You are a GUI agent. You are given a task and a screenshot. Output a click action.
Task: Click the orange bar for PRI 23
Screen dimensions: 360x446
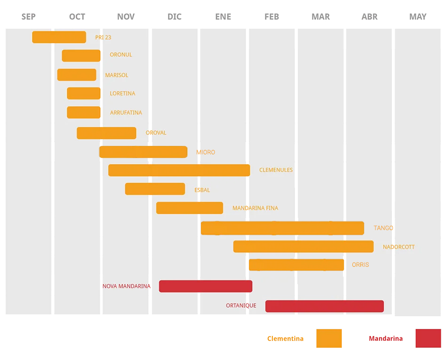tap(59, 37)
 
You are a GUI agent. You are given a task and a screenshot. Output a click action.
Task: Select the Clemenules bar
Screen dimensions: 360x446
tap(179, 170)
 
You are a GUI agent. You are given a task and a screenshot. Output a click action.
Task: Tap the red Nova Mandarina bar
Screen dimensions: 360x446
tap(206, 286)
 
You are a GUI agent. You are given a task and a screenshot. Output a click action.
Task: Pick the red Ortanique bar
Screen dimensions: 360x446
tap(324, 306)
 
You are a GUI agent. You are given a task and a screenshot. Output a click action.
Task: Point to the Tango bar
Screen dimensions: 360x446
tap(282, 228)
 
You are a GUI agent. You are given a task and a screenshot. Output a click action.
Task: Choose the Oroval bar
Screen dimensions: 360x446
tap(106, 133)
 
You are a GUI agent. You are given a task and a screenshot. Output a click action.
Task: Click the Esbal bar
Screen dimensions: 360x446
tap(155, 189)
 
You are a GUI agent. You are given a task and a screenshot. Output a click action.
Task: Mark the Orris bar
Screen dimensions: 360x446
tap(296, 265)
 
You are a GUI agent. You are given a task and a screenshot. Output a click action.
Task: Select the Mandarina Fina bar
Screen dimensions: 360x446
tap(190, 208)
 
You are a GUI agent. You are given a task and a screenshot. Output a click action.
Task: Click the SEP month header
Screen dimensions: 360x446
tap(29, 17)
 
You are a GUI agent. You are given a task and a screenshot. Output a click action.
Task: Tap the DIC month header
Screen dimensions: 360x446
tap(175, 17)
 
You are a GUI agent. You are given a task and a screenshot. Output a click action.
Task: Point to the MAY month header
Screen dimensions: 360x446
tap(418, 17)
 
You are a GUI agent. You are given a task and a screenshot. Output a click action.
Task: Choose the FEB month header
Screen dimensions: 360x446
tap(271, 17)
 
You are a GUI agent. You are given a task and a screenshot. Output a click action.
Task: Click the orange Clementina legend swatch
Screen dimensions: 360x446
tap(329, 338)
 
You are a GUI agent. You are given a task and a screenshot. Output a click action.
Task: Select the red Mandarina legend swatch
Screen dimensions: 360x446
tap(428, 338)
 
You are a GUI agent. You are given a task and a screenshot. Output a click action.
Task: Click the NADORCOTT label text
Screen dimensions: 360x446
tap(398, 247)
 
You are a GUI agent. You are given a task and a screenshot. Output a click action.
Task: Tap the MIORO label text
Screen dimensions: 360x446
tap(206, 152)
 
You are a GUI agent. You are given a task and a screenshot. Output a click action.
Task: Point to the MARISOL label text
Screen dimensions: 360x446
tap(117, 75)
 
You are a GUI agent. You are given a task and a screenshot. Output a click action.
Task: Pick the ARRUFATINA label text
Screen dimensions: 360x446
tap(126, 113)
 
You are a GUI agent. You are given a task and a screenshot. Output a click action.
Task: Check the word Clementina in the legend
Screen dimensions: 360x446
tap(285, 339)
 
